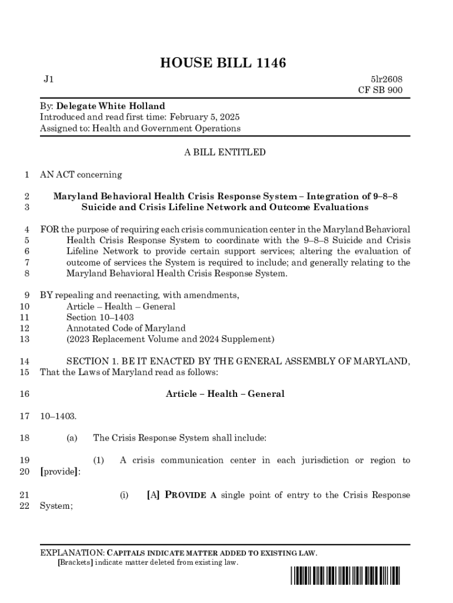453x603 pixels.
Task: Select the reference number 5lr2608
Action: click(x=387, y=79)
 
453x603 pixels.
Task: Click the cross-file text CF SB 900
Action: click(x=381, y=90)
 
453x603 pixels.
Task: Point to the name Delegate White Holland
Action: click(x=111, y=106)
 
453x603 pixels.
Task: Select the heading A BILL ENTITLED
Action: click(x=225, y=153)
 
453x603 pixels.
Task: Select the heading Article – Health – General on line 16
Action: click(x=225, y=394)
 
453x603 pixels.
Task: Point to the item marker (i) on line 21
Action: click(x=124, y=495)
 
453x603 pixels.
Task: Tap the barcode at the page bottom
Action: click(x=345, y=577)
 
